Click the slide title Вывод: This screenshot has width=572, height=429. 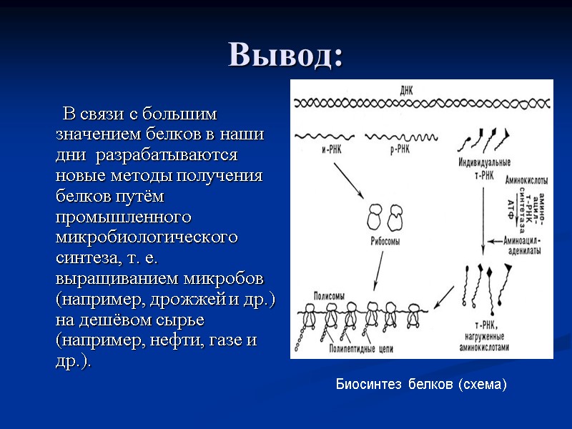[x=285, y=55]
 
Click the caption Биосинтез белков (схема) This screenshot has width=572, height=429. [x=421, y=385]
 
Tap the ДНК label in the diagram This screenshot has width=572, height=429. [x=406, y=89]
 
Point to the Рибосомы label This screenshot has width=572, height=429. [x=384, y=242]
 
